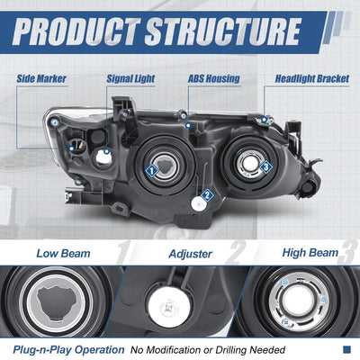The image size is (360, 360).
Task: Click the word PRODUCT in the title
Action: pos(76,31)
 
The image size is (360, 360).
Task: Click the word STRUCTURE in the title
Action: pos(222,31)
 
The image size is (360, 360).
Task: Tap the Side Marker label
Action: pos(41,78)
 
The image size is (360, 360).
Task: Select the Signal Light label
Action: pos(130,78)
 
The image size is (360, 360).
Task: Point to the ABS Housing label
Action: pos(214,78)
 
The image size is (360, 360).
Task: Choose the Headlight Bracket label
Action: pos(312,78)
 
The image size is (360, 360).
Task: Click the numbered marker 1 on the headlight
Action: pos(152,171)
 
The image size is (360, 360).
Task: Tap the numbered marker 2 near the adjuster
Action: pos(207,195)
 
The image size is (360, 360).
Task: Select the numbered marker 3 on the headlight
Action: pos(265,166)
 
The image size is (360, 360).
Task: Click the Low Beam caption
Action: pos(63,254)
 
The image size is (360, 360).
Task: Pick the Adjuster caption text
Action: pos(191,254)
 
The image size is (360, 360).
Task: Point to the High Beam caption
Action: pos(310,253)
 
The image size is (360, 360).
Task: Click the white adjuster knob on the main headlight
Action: pos(199,204)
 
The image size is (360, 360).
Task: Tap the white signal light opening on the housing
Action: pos(103,158)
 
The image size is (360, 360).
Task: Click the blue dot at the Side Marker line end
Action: pos(71,148)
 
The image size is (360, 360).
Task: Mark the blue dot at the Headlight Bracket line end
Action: pos(264,120)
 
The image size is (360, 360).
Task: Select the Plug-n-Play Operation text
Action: pos(68,350)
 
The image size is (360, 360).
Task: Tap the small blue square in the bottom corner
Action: pos(346,349)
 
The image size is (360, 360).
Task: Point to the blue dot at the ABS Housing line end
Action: pos(188,125)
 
